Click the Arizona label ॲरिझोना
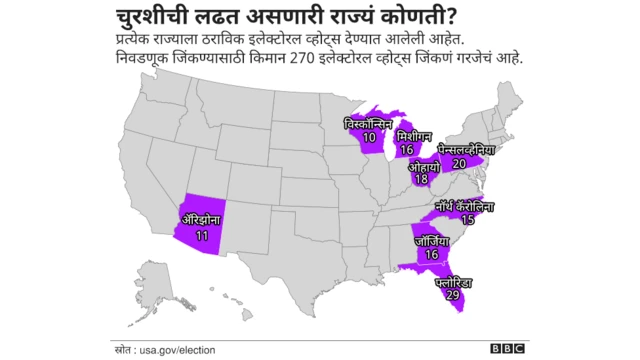(x=201, y=220)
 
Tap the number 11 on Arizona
(x=201, y=235)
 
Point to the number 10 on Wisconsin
(x=370, y=137)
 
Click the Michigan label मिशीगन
(x=414, y=135)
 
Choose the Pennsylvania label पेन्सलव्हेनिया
(x=460, y=148)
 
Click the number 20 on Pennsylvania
(x=459, y=162)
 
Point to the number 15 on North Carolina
(x=467, y=219)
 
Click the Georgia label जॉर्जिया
(x=433, y=241)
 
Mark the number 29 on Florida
(x=453, y=297)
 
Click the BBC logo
(x=507, y=348)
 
